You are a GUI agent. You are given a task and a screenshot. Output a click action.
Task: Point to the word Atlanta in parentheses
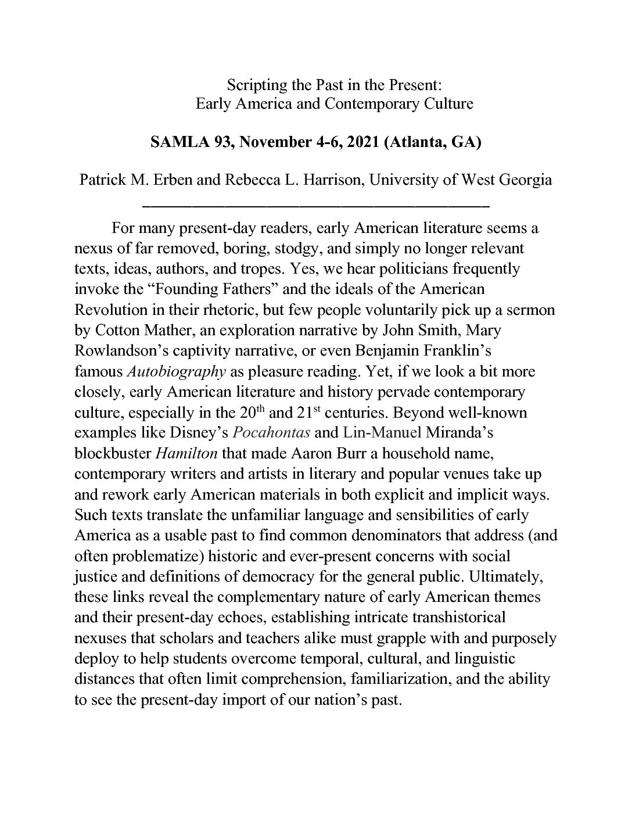[x=413, y=143]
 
